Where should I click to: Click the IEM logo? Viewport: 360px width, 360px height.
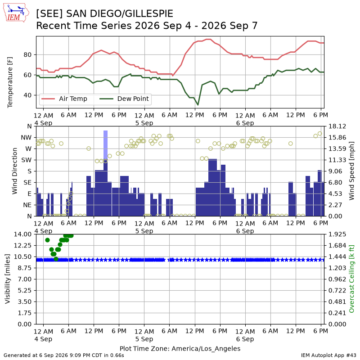click(x=16, y=13)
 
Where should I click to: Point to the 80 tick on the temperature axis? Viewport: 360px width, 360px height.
click(x=27, y=54)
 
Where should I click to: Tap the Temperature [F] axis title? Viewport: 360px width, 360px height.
click(x=9, y=82)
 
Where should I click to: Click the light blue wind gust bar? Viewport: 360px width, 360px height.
click(x=105, y=145)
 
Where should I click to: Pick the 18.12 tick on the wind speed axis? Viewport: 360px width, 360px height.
click(x=337, y=126)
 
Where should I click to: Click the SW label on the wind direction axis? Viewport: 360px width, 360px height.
click(x=27, y=160)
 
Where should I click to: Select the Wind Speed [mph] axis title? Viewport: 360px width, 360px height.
click(x=351, y=171)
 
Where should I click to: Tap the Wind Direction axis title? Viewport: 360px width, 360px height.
click(x=14, y=171)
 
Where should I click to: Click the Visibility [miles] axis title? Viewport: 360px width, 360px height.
click(x=8, y=279)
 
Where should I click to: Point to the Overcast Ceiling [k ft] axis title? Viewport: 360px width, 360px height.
click(x=351, y=279)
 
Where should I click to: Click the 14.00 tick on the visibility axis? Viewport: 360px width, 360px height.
click(x=22, y=234)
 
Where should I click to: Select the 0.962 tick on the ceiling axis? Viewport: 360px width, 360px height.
click(x=337, y=279)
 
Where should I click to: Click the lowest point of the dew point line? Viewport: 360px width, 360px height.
click(x=198, y=105)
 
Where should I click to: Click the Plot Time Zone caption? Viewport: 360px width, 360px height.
click(x=180, y=348)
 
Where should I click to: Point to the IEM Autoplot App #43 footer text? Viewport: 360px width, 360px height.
click(x=328, y=355)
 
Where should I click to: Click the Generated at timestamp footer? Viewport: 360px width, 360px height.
click(x=64, y=355)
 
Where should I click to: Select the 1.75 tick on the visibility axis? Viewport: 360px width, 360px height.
click(x=25, y=313)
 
